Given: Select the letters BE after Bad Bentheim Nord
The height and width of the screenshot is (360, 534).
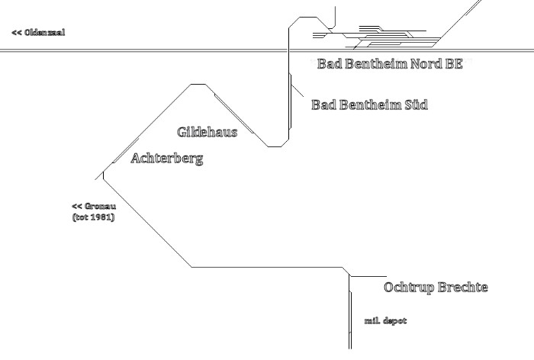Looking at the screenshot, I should point(454,64).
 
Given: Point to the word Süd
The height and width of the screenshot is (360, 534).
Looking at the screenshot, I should point(412,104).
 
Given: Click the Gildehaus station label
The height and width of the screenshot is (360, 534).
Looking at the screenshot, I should point(207,132).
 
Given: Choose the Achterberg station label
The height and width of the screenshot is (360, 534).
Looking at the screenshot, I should point(167,159).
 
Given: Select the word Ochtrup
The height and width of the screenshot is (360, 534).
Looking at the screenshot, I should point(410,288).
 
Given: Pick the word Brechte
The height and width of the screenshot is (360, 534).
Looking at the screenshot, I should point(463,288).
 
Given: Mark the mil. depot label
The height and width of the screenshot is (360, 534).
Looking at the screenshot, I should point(386,321).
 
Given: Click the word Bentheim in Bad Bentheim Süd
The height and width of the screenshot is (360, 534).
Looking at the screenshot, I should point(367,104).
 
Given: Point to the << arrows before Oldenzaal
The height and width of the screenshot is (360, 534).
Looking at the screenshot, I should point(16,33).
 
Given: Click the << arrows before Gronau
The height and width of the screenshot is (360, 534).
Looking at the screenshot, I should point(76,207).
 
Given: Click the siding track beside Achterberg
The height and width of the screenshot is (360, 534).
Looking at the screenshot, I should point(125,150).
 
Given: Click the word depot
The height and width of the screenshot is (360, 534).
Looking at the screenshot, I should point(395,321).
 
